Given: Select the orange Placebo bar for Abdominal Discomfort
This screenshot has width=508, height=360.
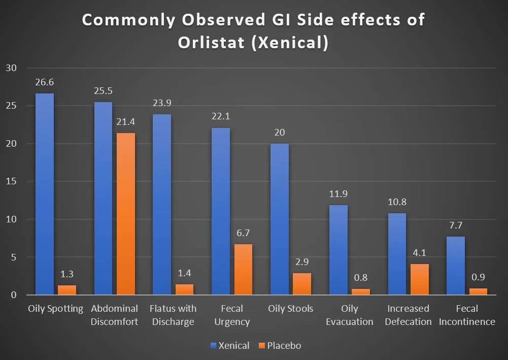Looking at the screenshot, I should (126, 214).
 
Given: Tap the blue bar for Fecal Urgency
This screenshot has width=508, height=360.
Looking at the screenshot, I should (221, 211).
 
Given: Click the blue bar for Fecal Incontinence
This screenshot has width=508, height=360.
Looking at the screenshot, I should (456, 266).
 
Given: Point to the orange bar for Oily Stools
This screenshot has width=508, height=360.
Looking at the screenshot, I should (301, 284).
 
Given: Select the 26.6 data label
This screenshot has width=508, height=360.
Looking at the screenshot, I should (45, 83).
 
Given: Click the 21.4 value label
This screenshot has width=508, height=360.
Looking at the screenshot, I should (126, 122).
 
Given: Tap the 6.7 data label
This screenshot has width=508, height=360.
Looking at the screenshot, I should (243, 234).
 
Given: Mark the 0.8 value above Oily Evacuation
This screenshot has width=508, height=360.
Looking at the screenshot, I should (360, 278).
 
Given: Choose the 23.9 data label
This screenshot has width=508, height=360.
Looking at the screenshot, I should (162, 103).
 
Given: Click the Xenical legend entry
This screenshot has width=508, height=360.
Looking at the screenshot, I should (229, 346).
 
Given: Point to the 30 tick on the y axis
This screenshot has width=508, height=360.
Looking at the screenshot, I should (11, 68).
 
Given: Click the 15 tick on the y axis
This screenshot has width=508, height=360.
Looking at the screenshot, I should (11, 182).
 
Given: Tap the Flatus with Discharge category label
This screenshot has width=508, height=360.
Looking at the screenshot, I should (173, 315).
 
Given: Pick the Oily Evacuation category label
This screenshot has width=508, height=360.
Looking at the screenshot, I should (349, 315).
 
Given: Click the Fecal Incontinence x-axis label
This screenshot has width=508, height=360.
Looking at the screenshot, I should (467, 315).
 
